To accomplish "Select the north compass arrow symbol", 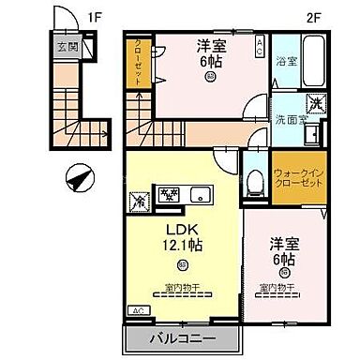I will click(x=78, y=174).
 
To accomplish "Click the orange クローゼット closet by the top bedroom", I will click(x=138, y=64).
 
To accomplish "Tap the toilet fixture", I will click(x=252, y=181).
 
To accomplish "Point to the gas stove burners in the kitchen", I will click(x=169, y=195).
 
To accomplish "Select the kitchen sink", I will click(x=202, y=195).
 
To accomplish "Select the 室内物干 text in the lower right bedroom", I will click(x=279, y=287).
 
